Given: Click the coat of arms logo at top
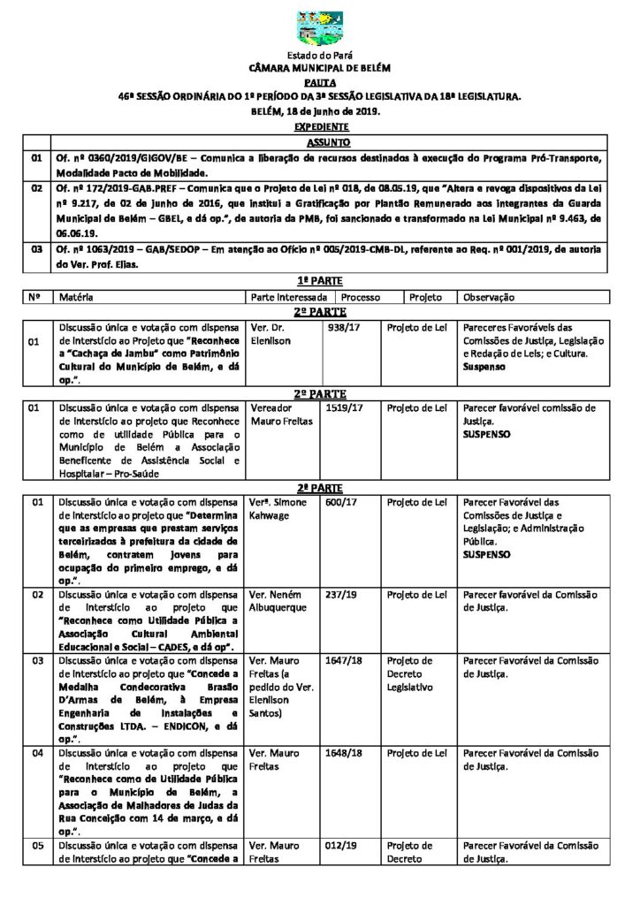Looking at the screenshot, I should pos(320,30).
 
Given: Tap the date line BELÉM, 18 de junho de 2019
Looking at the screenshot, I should pos(320,112).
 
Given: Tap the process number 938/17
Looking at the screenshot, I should pos(340,326).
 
